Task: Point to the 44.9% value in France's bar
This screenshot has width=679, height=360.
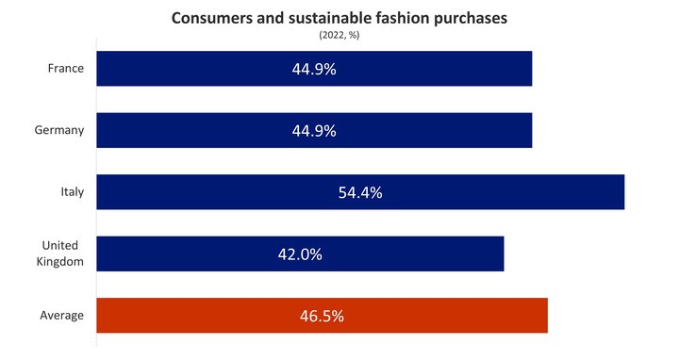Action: tap(314, 69)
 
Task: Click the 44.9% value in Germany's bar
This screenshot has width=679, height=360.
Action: tap(314, 130)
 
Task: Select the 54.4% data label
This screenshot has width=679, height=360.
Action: tap(359, 192)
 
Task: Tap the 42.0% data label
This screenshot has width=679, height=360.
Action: tap(300, 254)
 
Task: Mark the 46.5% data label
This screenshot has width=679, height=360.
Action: tap(322, 316)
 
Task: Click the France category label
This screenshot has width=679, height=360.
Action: tap(66, 69)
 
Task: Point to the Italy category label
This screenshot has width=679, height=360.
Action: tap(72, 192)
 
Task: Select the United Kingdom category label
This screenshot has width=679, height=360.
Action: tap(61, 254)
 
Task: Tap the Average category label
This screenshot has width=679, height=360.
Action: tap(62, 316)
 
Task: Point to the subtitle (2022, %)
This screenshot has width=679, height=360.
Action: tap(340, 35)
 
